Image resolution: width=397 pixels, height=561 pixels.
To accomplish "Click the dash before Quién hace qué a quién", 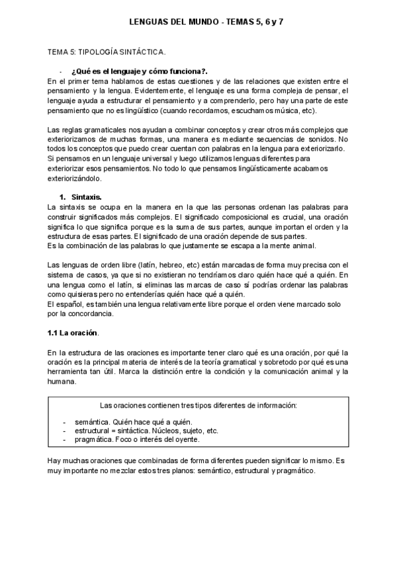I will click(x=64, y=421).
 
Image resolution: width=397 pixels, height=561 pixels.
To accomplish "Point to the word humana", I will click(x=64, y=381).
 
